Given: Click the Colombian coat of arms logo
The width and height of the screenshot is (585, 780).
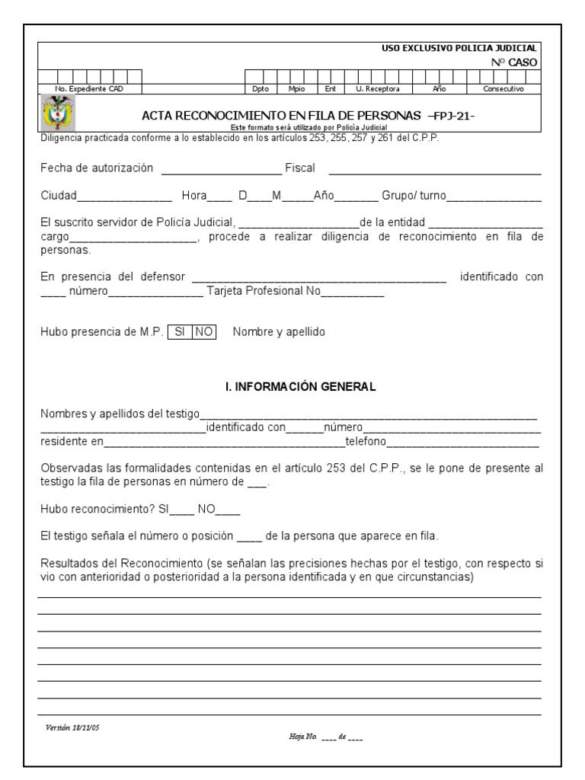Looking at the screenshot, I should (56, 114).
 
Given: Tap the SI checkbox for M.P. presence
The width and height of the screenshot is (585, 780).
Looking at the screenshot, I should (180, 332).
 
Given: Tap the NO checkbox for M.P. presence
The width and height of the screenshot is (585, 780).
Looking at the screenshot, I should (204, 332).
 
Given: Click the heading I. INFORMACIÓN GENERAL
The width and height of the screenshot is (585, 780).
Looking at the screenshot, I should (301, 387).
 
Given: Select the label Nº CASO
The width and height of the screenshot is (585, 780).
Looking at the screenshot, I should (515, 62).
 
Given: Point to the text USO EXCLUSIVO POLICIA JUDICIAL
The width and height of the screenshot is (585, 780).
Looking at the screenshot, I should (459, 48).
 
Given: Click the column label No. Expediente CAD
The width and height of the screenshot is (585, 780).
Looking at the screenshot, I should (89, 89).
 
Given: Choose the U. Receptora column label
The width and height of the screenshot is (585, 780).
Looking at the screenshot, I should (378, 89).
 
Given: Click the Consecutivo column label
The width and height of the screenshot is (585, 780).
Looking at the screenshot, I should (503, 89).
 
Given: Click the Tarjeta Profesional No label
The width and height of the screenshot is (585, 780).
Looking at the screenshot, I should (257, 291).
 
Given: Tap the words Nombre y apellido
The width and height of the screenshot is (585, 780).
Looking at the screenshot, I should (279, 332).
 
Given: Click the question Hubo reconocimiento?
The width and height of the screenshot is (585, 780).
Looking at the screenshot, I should (97, 510).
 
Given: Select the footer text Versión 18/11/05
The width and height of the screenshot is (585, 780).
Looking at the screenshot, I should (72, 727).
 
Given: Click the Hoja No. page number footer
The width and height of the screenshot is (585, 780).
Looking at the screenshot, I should (325, 737).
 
